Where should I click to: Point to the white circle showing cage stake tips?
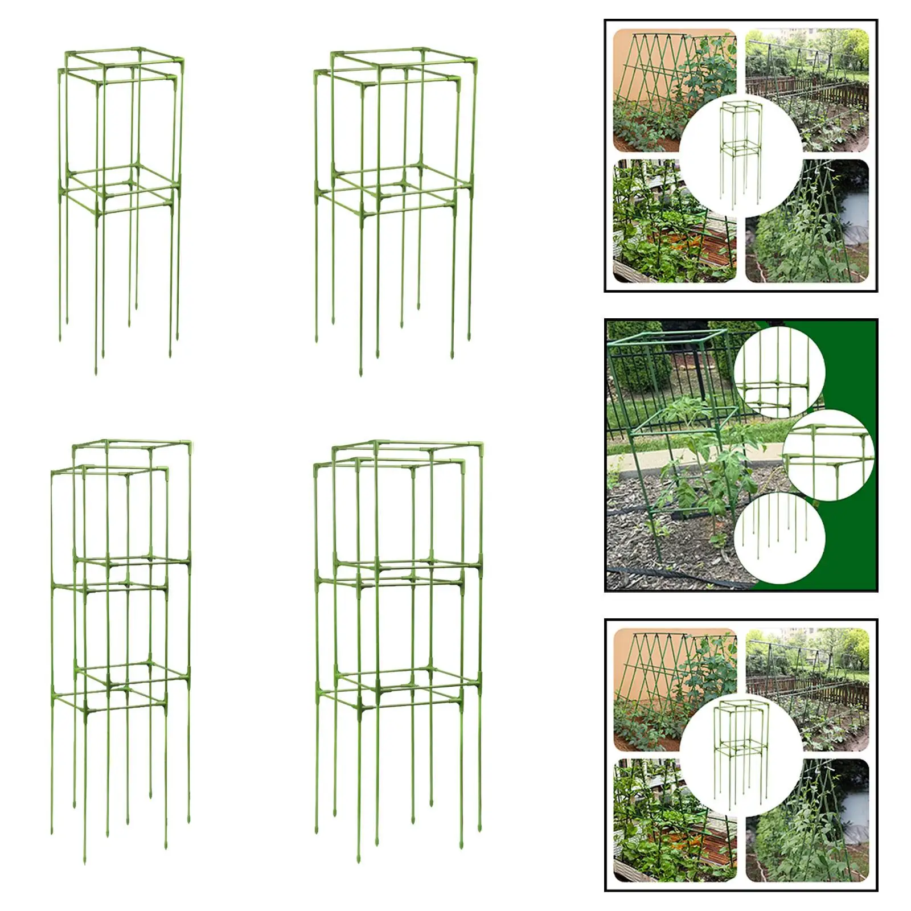779,538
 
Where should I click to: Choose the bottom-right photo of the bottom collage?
820,831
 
